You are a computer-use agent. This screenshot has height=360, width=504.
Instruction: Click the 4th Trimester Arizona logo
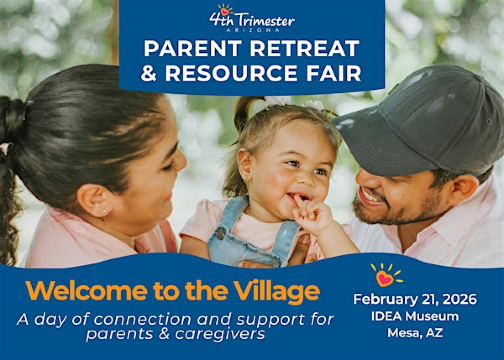point(251,18)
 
